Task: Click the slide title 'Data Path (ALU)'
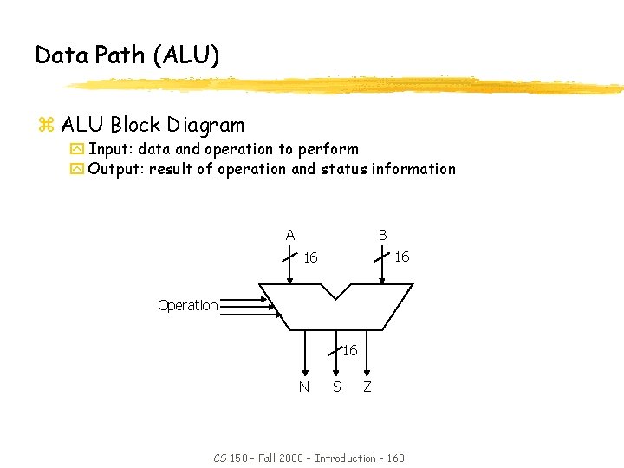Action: tap(127, 55)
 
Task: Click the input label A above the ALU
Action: tap(290, 235)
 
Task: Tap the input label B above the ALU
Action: tap(382, 235)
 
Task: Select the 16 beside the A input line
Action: tap(311, 258)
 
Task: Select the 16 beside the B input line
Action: tap(402, 257)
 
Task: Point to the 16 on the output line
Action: tap(349, 351)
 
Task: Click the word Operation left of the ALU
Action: tap(187, 305)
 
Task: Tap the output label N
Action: tap(303, 387)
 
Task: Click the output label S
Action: tap(336, 387)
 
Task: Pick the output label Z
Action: tap(367, 387)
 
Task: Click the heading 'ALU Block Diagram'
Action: tap(153, 125)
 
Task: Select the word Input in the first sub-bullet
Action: tap(108, 149)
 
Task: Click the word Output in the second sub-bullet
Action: tap(115, 169)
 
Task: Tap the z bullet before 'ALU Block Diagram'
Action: tap(46, 126)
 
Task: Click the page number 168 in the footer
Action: tap(394, 458)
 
